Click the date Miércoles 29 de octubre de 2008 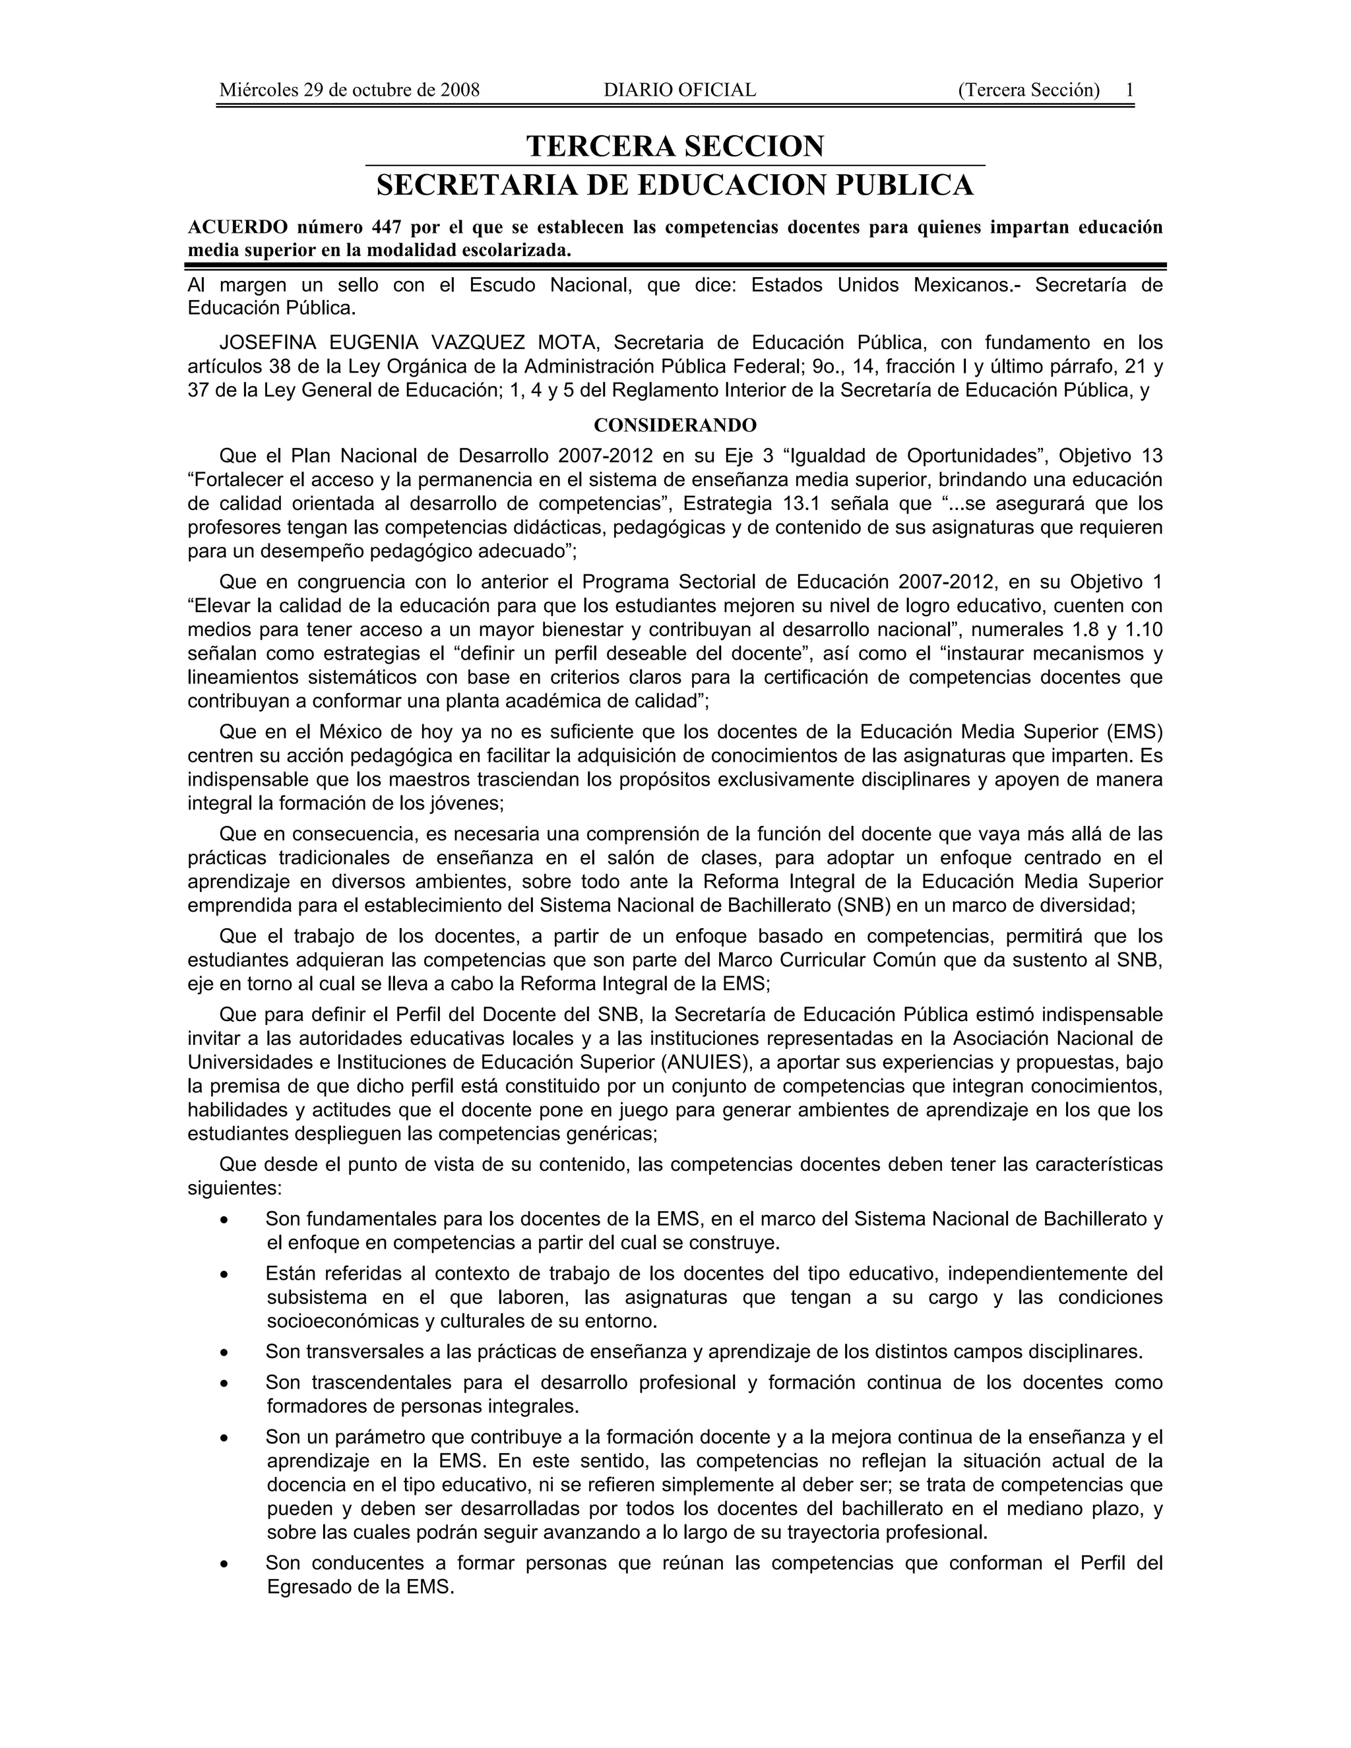349,90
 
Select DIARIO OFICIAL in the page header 679,90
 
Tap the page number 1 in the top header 1129,90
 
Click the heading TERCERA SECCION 675,146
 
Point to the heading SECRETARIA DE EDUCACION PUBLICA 675,186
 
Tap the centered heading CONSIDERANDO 675,425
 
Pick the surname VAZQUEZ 478,344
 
